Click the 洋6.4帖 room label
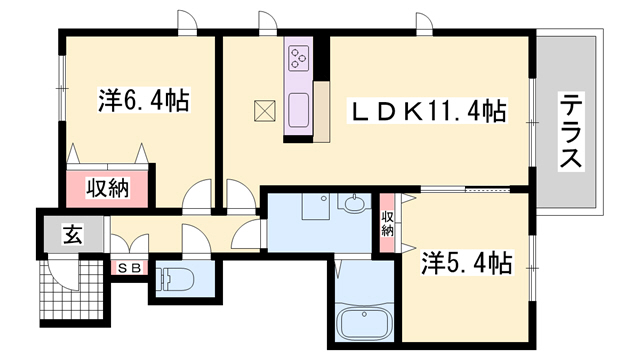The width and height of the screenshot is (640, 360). pyautogui.click(x=143, y=100)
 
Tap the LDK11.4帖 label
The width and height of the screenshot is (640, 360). pyautogui.click(x=427, y=111)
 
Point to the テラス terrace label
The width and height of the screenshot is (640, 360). pyautogui.click(x=571, y=130)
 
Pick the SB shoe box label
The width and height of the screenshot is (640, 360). pyautogui.click(x=130, y=268)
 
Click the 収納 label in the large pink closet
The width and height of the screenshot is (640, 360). pyautogui.click(x=107, y=188)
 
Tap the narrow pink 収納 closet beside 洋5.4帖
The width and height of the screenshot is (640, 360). pyautogui.click(x=387, y=223)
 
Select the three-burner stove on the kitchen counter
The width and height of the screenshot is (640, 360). pyautogui.click(x=299, y=58)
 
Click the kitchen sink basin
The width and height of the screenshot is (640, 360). pyautogui.click(x=299, y=110)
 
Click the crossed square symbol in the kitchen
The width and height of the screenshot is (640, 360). pyautogui.click(x=265, y=111)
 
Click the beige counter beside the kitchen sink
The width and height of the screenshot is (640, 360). pyautogui.click(x=322, y=111)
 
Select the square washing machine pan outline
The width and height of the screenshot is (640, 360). pyautogui.click(x=316, y=206)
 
